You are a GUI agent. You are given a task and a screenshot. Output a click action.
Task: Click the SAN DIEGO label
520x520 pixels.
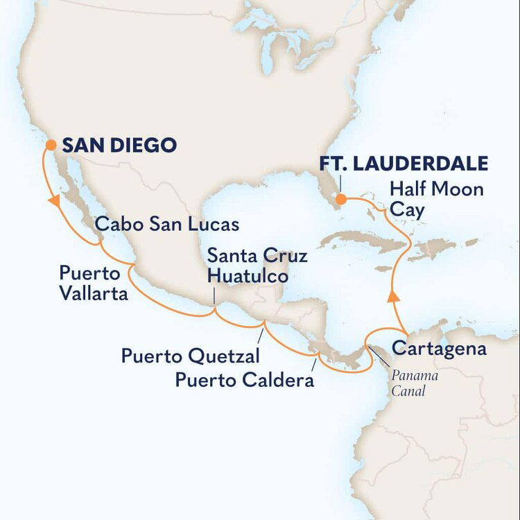click(119, 146)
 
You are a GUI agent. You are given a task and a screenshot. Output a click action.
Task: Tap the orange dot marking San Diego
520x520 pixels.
click(51, 145)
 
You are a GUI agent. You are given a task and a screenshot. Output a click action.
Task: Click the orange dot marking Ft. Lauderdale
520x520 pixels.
click(340, 200)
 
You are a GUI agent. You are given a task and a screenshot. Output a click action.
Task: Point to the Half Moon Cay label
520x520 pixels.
click(436, 198)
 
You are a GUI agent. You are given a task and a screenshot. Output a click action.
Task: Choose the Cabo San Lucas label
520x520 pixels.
click(167, 224)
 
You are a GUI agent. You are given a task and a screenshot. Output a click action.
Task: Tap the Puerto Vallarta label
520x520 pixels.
click(94, 282)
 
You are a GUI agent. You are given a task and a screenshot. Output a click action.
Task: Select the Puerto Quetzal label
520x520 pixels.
click(191, 356)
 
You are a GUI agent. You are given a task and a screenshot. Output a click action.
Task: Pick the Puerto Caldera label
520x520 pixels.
click(244, 380)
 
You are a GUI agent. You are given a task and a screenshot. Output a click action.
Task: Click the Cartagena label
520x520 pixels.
click(439, 348)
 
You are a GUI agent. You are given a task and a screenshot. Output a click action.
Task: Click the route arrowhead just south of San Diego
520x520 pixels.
click(52, 200)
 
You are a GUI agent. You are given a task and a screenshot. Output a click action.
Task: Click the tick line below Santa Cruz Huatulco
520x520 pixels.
click(214, 297)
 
